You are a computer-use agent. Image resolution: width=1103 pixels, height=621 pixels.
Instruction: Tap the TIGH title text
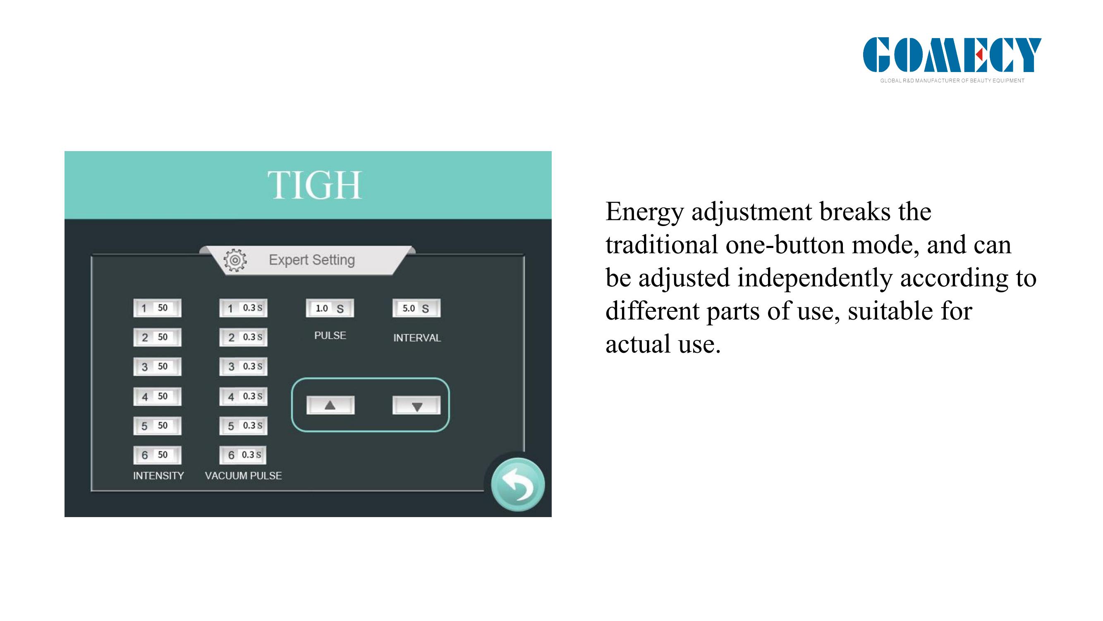315,185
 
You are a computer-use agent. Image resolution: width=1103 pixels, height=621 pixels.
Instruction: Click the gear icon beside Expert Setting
235,260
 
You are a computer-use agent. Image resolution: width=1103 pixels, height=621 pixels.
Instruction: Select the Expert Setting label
312,260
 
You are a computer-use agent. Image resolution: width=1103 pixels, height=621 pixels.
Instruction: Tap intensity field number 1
157,308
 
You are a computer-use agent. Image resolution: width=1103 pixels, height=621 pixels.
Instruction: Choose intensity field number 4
157,397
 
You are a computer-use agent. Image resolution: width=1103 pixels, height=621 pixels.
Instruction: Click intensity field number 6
157,455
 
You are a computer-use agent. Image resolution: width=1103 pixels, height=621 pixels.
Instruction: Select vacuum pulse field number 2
243,337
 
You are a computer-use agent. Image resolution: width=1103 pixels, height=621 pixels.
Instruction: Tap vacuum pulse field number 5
243,426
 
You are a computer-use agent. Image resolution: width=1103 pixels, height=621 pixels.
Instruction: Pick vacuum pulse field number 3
243,366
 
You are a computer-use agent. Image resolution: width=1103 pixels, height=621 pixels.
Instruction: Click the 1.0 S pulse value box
330,308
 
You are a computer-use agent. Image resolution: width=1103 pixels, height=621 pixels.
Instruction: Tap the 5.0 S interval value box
416,308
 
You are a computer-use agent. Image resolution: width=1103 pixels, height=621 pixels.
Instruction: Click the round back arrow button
518,485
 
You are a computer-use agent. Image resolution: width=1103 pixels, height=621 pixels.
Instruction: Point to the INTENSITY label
158,476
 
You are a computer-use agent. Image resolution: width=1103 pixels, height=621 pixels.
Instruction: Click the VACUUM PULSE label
243,476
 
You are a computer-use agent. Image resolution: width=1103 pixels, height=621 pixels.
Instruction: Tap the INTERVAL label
417,338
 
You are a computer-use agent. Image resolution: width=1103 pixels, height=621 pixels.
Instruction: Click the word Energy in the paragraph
644,212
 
